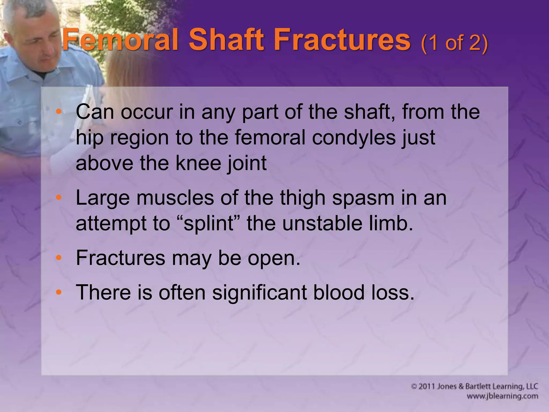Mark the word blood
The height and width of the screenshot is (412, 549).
pos(339,292)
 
